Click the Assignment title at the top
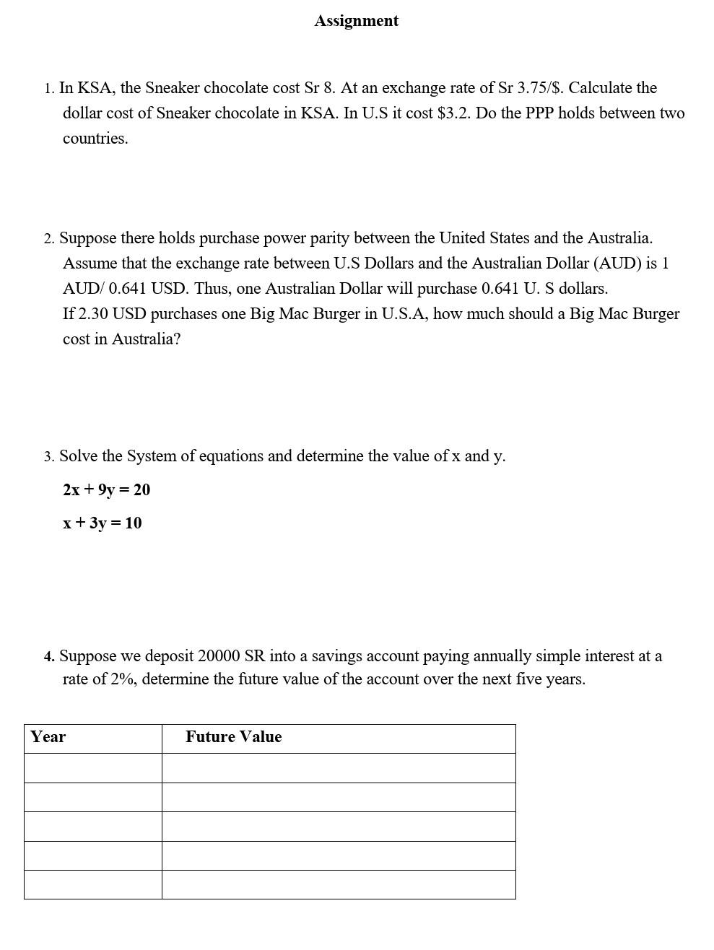click(356, 21)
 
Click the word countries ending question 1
click(95, 139)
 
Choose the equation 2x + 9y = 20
click(106, 490)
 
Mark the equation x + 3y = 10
click(102, 523)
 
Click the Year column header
click(48, 737)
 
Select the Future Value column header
click(233, 737)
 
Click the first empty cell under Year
click(92, 768)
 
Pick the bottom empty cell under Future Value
click(338, 884)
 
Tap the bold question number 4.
click(48, 656)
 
